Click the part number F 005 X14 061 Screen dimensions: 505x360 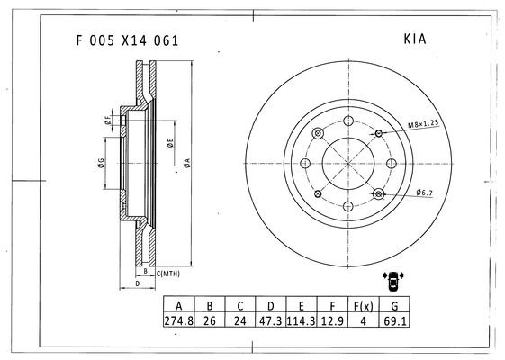coord(127,40)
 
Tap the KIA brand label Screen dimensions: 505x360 coord(415,39)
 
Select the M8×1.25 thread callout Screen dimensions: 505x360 coord(423,124)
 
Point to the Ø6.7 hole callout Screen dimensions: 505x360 coord(425,193)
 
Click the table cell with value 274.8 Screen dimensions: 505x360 coord(179,320)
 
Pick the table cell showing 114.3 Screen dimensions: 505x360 coord(301,320)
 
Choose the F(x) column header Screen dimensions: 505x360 coord(364,306)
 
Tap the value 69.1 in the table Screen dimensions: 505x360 coord(395,320)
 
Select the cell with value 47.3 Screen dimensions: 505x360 coord(271,320)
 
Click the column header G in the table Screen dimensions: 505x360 coord(394,306)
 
